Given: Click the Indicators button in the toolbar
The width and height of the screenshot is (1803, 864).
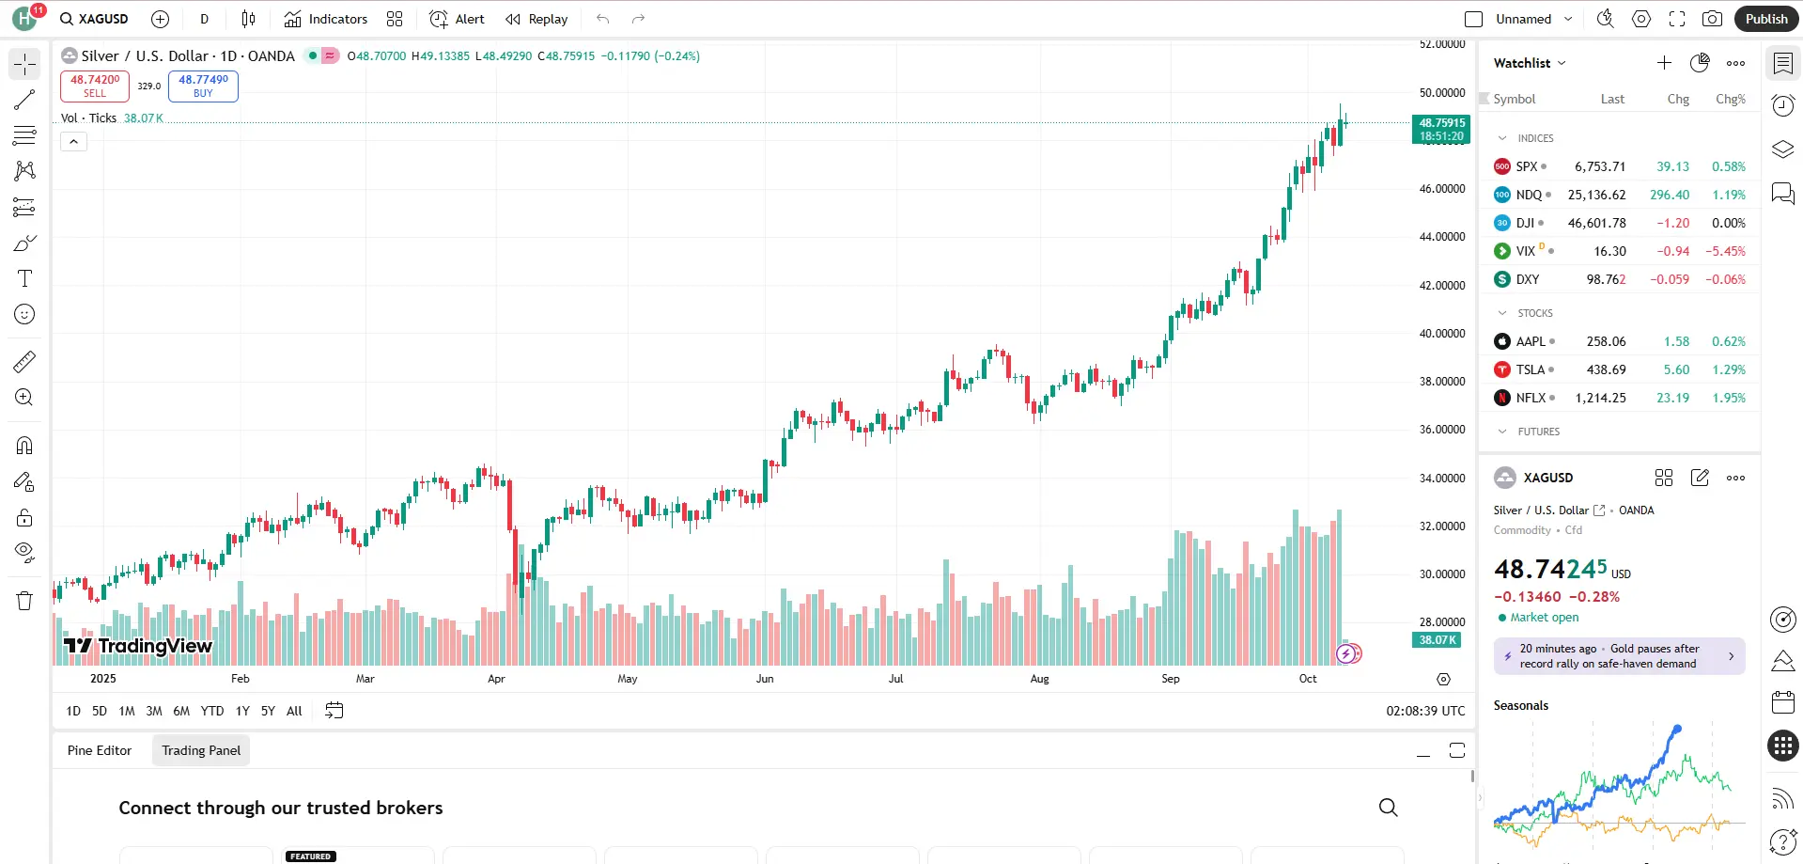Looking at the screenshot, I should (x=326, y=19).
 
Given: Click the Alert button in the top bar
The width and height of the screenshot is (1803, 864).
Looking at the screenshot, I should (x=458, y=19).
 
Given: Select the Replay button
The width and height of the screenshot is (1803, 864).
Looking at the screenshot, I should (x=537, y=19).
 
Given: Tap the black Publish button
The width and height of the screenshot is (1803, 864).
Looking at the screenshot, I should (x=1765, y=19).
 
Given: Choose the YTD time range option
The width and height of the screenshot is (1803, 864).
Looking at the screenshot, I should (x=212, y=711).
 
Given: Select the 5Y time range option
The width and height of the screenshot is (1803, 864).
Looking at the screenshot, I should (x=268, y=711).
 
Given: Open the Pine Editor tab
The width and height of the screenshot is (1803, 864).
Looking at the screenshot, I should (x=100, y=750).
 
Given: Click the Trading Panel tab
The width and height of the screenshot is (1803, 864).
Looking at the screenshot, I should (x=201, y=750).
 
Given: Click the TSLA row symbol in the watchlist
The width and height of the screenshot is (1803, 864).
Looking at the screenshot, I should (x=1530, y=369).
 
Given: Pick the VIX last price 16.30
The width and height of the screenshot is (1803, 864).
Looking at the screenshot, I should (x=1609, y=251).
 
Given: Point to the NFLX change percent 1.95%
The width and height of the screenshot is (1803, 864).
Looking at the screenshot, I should (x=1728, y=398).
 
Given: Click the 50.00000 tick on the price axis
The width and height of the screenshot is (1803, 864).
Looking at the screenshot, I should (x=1441, y=93).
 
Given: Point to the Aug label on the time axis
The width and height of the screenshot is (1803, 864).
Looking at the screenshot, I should (x=1039, y=679).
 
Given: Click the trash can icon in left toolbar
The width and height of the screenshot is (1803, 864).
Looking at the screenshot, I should (x=24, y=601).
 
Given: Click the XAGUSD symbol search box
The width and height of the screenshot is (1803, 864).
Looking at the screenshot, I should (x=94, y=19).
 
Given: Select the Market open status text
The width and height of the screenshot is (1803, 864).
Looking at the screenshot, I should (x=1544, y=618).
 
